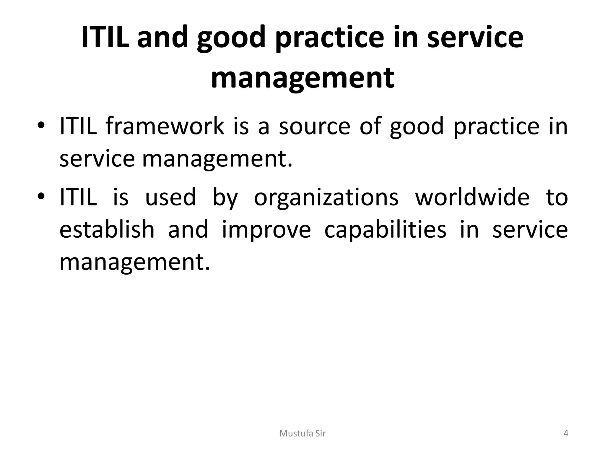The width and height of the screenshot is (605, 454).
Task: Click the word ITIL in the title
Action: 105,38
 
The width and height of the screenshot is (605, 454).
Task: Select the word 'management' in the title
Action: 302,78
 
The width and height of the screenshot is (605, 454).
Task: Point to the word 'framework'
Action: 165,126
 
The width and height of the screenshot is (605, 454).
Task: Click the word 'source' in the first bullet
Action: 314,126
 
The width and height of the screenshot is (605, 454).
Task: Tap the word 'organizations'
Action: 326,197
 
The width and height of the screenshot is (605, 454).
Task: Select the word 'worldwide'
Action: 472,197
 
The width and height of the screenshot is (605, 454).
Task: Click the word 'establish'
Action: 107,230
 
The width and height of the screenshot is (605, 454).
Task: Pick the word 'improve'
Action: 266,230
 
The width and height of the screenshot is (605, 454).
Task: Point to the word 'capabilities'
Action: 385,230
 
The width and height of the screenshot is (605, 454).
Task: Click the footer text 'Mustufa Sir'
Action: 302,434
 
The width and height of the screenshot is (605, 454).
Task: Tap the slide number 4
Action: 566,434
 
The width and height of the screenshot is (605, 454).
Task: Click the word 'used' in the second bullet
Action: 170,197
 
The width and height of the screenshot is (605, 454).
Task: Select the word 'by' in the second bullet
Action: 225,197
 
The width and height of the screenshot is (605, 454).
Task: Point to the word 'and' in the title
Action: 162,38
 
